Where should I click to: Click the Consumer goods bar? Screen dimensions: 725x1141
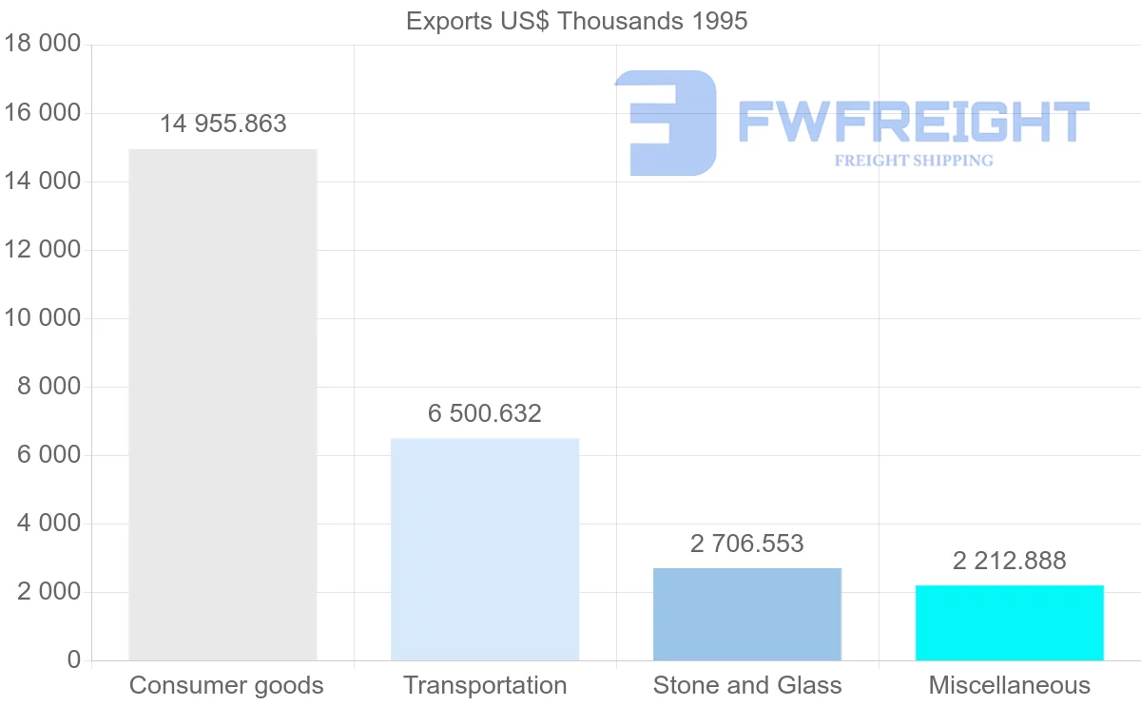[x=222, y=405]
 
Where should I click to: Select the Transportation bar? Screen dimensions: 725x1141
[x=485, y=549]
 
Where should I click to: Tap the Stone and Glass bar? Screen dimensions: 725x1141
[x=747, y=614]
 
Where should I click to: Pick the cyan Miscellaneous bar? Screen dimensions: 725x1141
[x=1009, y=622]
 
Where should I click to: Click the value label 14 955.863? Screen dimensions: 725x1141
[x=222, y=124]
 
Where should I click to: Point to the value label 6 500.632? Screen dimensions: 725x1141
[x=485, y=414]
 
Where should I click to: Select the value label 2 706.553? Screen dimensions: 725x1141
[x=747, y=544]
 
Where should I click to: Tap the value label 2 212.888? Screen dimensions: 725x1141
[x=1009, y=561]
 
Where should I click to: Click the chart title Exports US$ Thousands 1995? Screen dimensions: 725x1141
[x=576, y=21]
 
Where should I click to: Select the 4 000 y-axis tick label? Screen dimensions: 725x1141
[x=48, y=524]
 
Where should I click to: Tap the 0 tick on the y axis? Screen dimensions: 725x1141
[x=74, y=660]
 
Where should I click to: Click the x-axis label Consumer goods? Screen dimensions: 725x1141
[x=226, y=685]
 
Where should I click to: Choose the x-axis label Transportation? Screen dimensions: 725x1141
[x=485, y=685]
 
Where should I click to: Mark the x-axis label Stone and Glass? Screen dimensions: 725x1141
[x=747, y=685]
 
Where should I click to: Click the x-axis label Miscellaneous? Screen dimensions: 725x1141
[x=1009, y=685]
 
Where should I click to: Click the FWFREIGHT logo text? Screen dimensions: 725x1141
[x=913, y=123]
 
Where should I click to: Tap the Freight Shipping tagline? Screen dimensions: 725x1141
[x=913, y=161]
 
